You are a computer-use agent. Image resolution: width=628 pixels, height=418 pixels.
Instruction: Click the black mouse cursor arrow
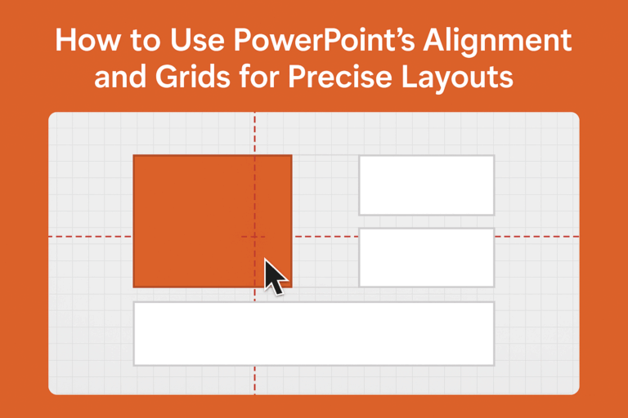(275, 277)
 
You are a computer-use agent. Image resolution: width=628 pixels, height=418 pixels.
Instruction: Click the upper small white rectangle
(426, 185)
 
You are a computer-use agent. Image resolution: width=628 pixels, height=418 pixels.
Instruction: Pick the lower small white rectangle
(426, 257)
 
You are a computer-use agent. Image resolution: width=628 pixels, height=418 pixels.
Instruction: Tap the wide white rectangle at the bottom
(313, 333)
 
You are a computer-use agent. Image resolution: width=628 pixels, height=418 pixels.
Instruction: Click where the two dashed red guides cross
(254, 236)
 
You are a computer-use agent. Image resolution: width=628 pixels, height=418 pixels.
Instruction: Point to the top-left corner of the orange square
(134, 155)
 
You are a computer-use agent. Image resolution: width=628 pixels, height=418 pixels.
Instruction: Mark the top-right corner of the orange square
(291, 155)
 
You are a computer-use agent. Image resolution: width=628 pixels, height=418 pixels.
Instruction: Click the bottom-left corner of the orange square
(134, 287)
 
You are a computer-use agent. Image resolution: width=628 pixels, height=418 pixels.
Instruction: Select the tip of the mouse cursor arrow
(265, 260)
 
